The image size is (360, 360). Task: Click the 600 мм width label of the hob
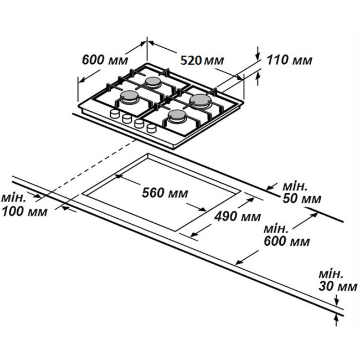(105, 60)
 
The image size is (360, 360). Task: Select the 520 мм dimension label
(202, 60)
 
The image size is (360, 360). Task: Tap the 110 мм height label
(289, 60)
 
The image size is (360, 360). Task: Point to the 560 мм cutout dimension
(165, 193)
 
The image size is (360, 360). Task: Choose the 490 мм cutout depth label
(238, 216)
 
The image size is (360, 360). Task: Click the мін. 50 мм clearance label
(302, 193)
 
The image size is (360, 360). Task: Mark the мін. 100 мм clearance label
(24, 205)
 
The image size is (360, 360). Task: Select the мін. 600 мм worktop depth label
(287, 235)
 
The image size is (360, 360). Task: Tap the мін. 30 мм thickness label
(338, 281)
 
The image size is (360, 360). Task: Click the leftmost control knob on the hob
(115, 114)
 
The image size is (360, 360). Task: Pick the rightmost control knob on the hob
(152, 128)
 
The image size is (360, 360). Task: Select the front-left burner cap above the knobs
(129, 95)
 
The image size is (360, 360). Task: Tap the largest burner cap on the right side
(200, 100)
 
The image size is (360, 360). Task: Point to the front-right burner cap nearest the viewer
(177, 114)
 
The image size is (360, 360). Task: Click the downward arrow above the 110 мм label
(258, 53)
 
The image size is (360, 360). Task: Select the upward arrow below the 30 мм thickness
(336, 320)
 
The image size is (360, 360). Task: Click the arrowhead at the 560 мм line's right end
(202, 209)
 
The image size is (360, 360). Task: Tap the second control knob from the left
(127, 119)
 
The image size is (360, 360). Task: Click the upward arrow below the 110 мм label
(258, 79)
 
